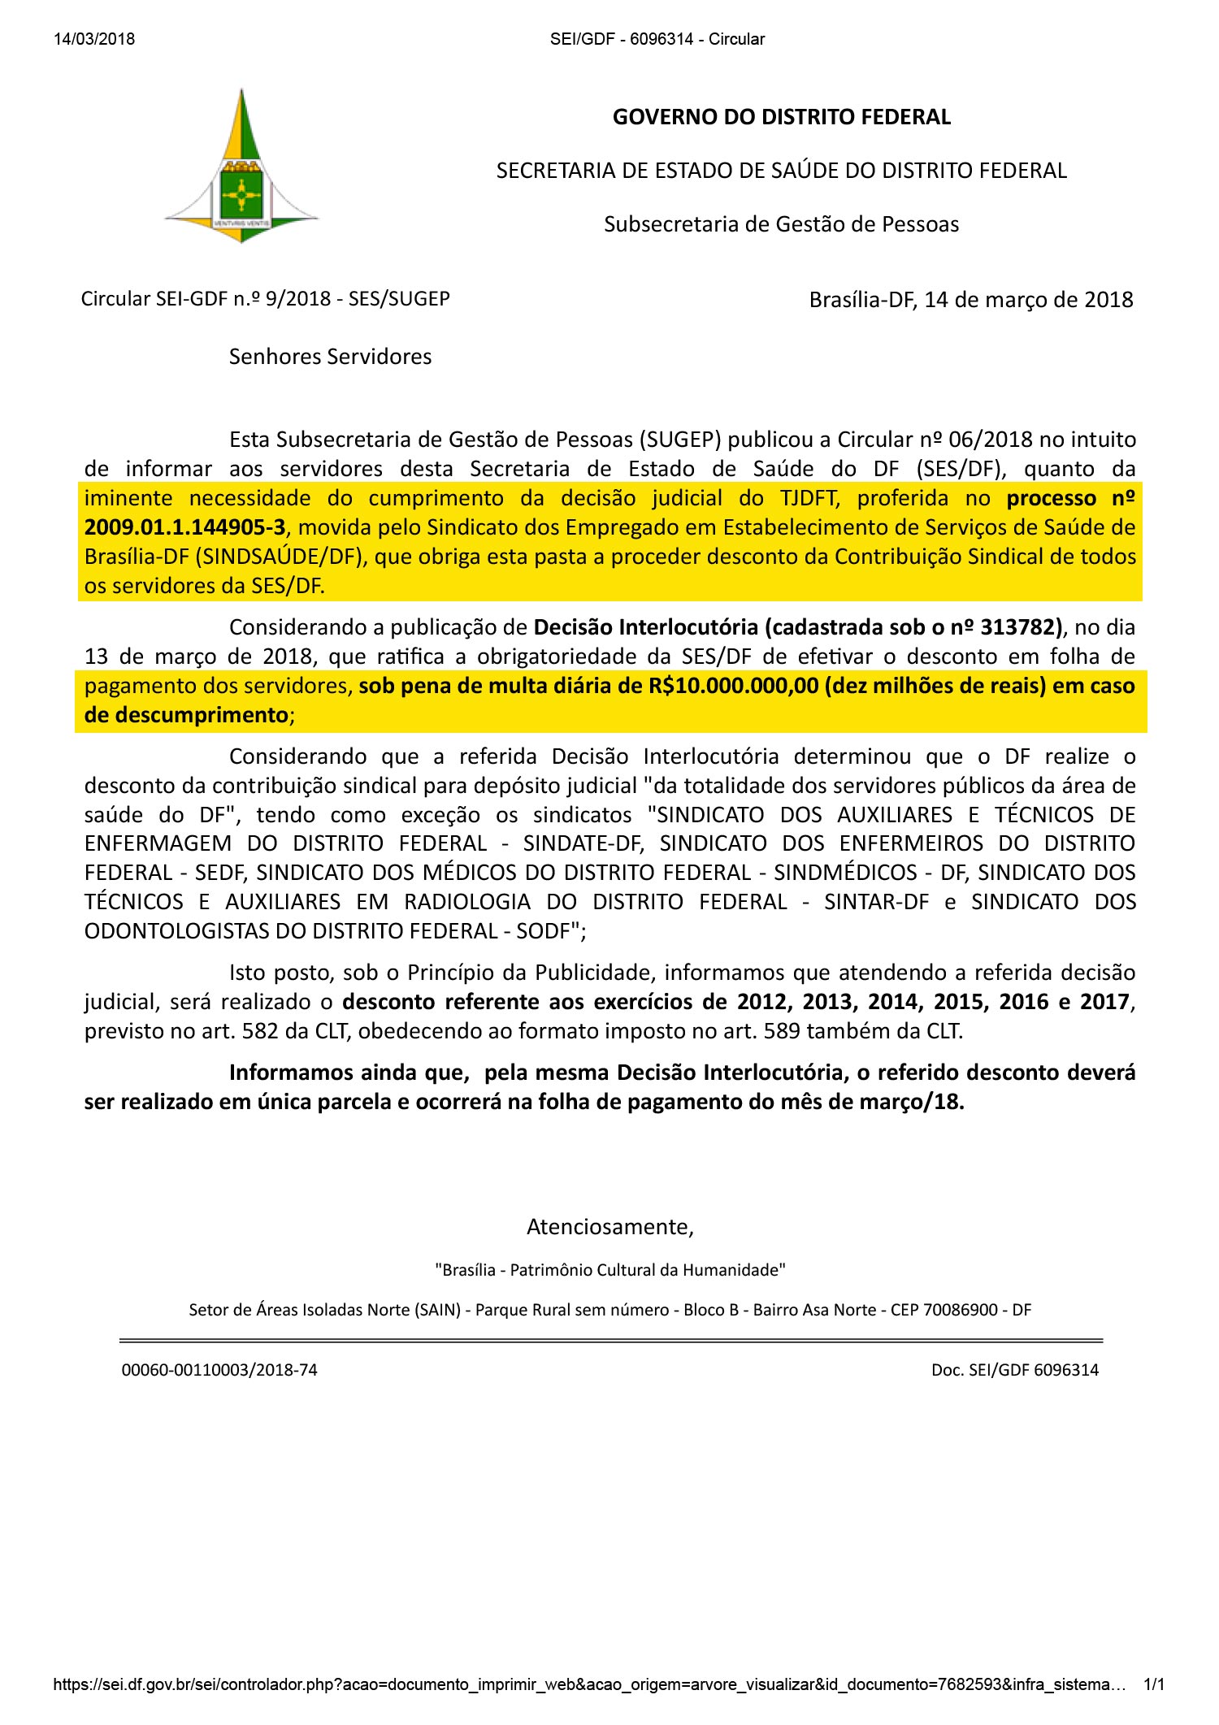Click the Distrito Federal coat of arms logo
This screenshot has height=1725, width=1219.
point(241,167)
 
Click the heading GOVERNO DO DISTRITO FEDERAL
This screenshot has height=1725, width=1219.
point(781,117)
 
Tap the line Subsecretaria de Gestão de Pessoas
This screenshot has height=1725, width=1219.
point(781,224)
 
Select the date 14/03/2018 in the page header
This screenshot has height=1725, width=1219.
point(94,39)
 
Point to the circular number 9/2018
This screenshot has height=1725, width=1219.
point(297,299)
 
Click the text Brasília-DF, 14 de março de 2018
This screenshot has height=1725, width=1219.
point(970,300)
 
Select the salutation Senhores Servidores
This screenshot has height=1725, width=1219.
point(330,357)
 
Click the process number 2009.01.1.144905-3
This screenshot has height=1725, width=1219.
point(184,527)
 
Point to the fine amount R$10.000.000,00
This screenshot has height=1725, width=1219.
point(733,686)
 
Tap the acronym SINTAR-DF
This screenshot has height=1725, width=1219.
point(876,902)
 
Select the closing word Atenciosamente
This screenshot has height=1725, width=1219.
point(609,1226)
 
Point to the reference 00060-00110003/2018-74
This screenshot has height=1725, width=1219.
point(219,1370)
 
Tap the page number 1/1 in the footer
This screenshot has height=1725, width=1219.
point(1153,1685)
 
